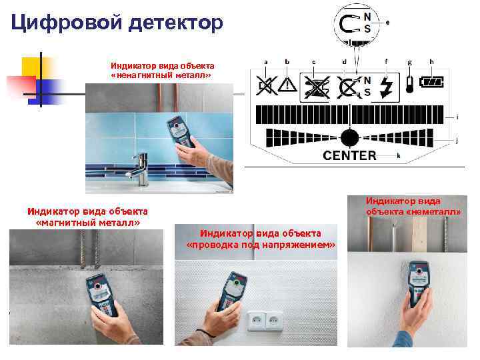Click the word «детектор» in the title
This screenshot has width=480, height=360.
[x=175, y=23]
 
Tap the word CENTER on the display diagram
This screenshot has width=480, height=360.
[x=349, y=155]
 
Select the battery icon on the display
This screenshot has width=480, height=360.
[x=431, y=82]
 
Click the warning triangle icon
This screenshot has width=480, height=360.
[x=287, y=84]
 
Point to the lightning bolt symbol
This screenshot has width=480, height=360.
[x=386, y=87]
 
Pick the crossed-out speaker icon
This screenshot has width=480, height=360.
[x=266, y=86]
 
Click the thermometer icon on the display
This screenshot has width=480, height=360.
[x=409, y=84]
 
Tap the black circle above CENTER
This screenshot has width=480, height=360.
[x=349, y=138]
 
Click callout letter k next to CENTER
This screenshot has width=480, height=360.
[x=398, y=156]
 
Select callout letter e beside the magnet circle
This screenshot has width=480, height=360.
[x=387, y=23]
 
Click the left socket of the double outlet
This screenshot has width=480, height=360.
[x=257, y=321]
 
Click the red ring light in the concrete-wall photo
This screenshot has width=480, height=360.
[x=97, y=286]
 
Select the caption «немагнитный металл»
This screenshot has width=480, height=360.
[x=161, y=75]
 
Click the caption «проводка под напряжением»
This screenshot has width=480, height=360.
[x=261, y=245]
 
